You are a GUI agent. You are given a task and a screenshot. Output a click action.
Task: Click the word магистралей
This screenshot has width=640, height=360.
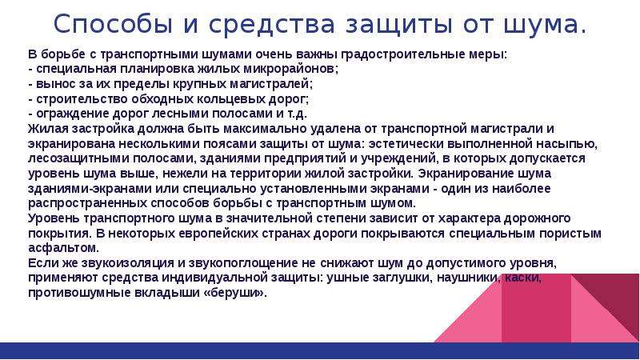pos(270,84)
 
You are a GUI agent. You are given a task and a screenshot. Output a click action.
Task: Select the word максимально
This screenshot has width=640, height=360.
pos(266,129)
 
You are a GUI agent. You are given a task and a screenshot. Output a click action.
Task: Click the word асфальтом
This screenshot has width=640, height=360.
pos(63,248)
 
